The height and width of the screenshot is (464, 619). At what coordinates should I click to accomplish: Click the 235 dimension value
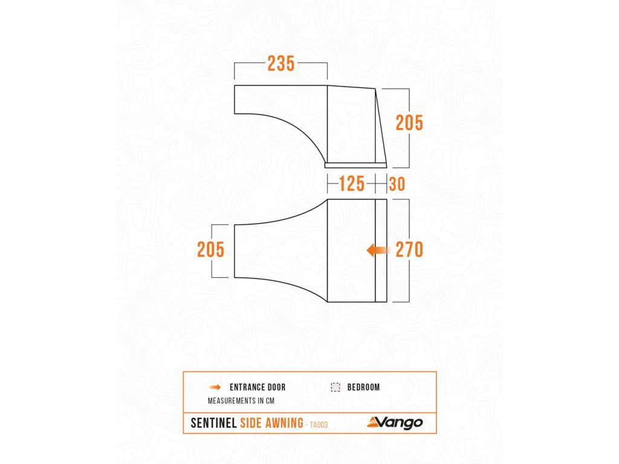[x=281, y=63]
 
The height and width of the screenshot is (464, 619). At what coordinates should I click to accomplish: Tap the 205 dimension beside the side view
[x=409, y=123]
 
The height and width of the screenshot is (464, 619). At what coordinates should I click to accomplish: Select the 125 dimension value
[x=352, y=184]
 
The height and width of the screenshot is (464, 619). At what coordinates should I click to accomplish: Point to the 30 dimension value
[x=397, y=184]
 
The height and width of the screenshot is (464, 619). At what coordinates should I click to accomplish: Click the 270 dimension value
[x=409, y=250]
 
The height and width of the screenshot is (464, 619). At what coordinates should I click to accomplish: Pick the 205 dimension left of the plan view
[x=211, y=250]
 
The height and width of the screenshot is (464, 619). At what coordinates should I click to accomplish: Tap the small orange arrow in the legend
[x=215, y=387]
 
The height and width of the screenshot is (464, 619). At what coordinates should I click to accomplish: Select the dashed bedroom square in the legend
[x=335, y=387]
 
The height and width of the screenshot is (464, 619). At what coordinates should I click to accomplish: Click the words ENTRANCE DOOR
[x=258, y=387]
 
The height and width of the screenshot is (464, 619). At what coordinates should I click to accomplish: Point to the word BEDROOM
[x=363, y=387]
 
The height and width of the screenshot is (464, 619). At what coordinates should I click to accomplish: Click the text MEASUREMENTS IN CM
[x=238, y=401]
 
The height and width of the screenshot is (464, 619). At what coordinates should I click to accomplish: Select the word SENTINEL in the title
[x=213, y=423]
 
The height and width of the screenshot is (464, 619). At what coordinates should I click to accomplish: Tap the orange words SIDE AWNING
[x=271, y=423]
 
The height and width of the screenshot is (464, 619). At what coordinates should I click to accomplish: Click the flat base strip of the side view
[x=355, y=164]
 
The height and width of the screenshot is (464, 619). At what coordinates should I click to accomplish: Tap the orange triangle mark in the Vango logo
[x=373, y=422]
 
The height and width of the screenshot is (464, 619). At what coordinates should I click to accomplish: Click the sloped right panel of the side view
[x=380, y=127]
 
